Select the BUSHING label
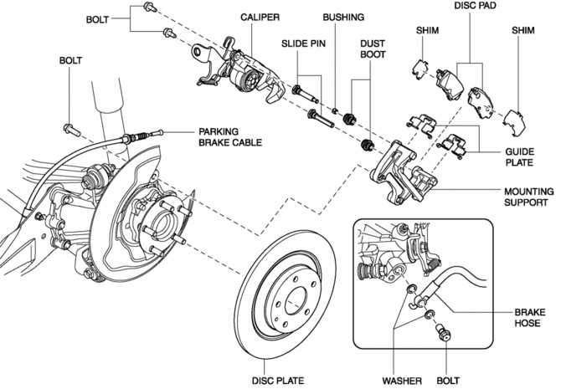click(345, 17)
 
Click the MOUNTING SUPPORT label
click(527, 197)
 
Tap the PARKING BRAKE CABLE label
click(229, 137)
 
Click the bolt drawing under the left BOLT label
click(69, 129)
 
